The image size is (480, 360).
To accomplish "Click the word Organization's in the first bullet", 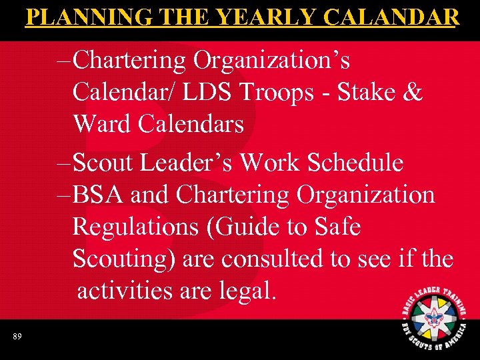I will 271,60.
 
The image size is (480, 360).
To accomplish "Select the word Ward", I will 105,123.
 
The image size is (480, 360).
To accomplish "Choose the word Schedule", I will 356,162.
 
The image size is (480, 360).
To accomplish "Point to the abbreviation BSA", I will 99,195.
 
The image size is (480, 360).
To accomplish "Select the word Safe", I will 337,227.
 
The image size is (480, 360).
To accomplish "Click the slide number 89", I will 17,337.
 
